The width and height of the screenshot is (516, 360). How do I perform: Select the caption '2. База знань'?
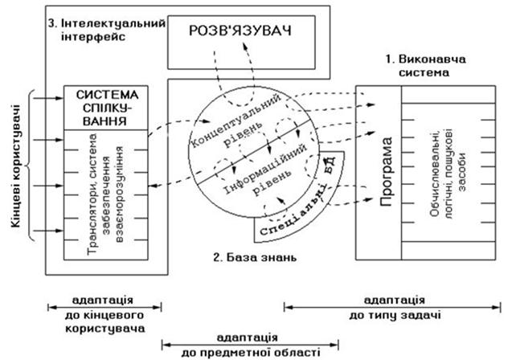pos(255,259)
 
